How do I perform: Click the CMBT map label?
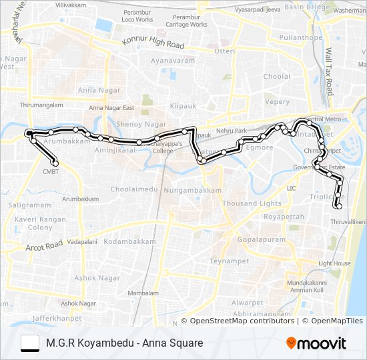51,171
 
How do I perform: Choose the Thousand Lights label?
252,203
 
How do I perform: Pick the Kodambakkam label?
129,241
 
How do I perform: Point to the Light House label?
334,263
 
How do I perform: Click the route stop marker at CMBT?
55,163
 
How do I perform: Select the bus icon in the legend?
30,343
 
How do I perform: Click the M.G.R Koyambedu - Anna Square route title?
124,343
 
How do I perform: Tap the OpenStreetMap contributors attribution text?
243,321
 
